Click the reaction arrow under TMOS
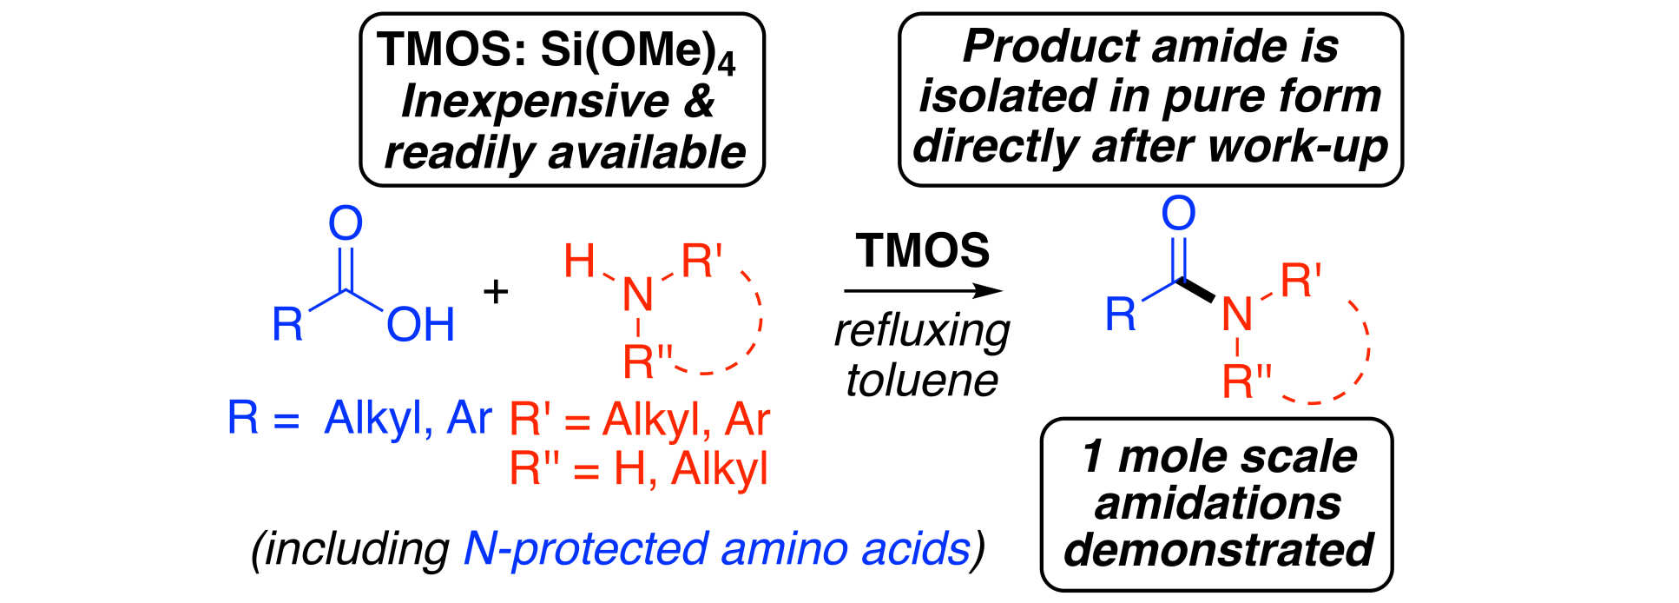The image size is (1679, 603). pyautogui.click(x=922, y=291)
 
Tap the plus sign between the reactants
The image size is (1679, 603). pyautogui.click(x=496, y=291)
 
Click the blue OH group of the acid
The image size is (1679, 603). pyautogui.click(x=421, y=325)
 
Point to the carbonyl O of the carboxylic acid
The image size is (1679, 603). pyautogui.click(x=345, y=223)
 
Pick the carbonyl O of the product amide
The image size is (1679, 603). pyautogui.click(x=1178, y=213)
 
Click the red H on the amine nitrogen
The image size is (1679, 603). pyautogui.click(x=579, y=261)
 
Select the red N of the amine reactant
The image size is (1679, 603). pyautogui.click(x=638, y=295)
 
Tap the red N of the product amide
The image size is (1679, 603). pyautogui.click(x=1236, y=314)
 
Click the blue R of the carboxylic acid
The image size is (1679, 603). pyautogui.click(x=287, y=324)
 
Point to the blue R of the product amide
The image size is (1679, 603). pyautogui.click(x=1120, y=314)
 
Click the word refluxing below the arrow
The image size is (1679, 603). pyautogui.click(x=922, y=331)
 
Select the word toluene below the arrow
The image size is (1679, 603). pyautogui.click(x=922, y=380)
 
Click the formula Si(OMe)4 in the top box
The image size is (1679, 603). pyautogui.click(x=637, y=50)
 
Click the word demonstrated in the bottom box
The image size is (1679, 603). pyautogui.click(x=1218, y=549)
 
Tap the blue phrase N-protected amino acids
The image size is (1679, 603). pyautogui.click(x=716, y=548)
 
